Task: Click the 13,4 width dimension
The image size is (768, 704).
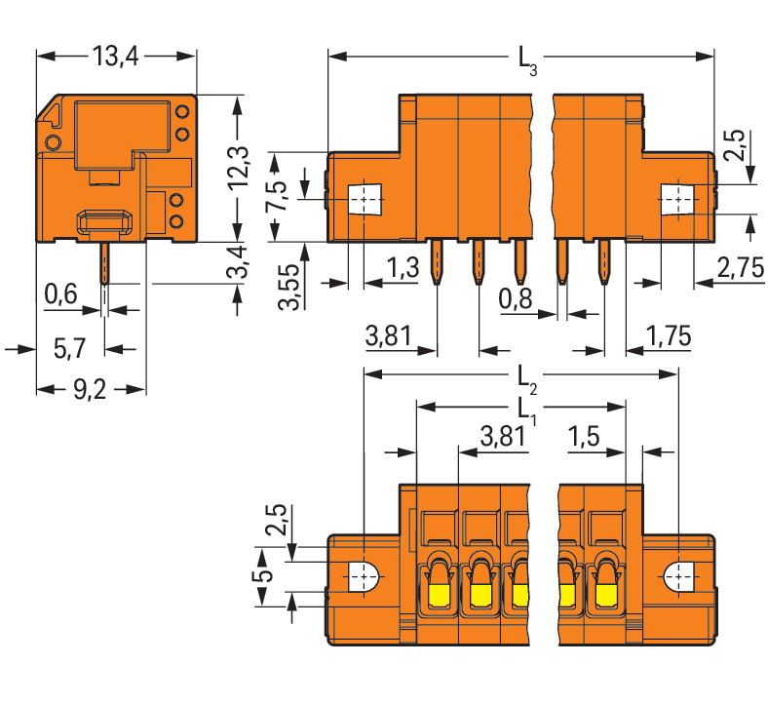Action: tap(116, 57)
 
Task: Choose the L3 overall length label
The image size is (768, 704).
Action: tap(526, 61)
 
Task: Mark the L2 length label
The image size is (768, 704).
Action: tap(526, 376)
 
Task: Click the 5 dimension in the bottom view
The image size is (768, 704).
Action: tap(260, 576)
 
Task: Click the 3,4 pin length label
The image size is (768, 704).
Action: tap(237, 263)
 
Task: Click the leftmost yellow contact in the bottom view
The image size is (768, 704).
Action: tap(439, 593)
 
